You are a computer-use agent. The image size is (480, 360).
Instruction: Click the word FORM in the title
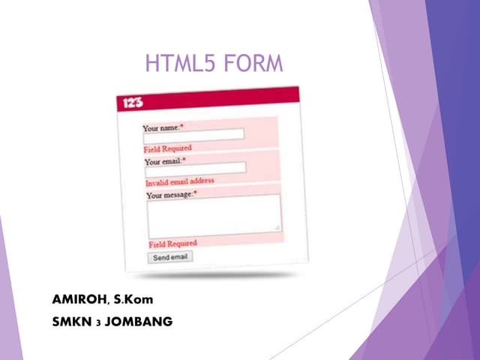tap(253, 64)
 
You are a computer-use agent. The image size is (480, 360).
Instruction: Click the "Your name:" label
tap(160, 127)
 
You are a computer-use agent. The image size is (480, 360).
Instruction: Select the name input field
tap(193, 135)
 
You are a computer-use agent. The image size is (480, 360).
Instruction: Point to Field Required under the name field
tap(167, 148)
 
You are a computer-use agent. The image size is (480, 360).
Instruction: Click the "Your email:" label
tap(163, 160)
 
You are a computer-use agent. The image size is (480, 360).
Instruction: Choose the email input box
tap(195, 168)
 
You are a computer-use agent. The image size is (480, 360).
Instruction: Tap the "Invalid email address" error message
tap(179, 181)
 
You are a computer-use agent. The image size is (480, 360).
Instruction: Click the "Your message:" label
tap(169, 195)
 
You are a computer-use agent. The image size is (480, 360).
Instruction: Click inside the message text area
tap(213, 216)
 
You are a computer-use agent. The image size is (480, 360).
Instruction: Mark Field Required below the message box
tap(172, 244)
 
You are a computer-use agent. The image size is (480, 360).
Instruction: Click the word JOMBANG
tap(140, 322)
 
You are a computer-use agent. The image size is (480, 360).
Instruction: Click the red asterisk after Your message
tap(195, 193)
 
